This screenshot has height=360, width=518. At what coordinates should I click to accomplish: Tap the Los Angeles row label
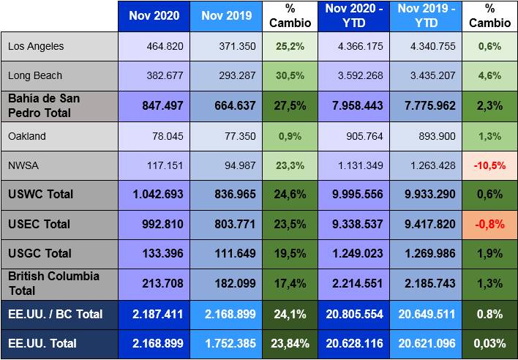coord(36,46)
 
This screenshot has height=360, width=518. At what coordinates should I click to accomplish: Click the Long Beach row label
coord(35,75)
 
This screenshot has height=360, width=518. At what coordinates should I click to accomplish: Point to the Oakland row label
coord(27,136)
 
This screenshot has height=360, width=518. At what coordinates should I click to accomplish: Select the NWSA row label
coord(23,166)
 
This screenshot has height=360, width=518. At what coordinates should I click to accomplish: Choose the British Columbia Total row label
coord(53,283)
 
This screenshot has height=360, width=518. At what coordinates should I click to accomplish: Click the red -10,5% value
coord(489,166)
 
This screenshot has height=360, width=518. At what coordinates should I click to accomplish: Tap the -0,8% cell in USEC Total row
coord(489,225)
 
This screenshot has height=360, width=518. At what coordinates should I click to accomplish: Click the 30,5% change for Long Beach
coord(290,75)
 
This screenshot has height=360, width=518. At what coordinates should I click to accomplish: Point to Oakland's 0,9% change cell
coord(290,136)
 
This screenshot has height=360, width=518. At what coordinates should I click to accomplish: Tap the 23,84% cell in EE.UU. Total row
coord(290,343)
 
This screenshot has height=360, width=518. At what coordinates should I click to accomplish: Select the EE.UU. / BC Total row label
coord(55,314)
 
